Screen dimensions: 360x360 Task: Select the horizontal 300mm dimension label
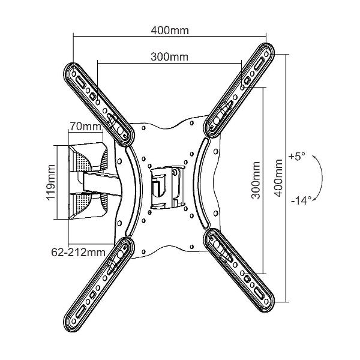click(x=169, y=57)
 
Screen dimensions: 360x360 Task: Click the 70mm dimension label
click(x=85, y=127)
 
